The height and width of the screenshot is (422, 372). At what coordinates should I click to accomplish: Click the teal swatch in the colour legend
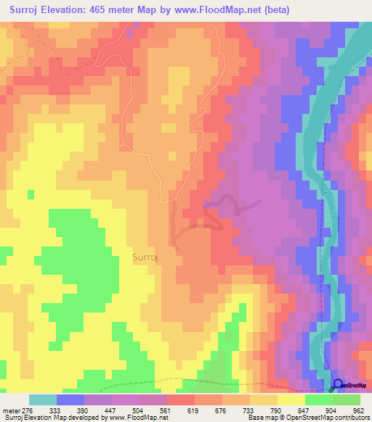pos(42,400)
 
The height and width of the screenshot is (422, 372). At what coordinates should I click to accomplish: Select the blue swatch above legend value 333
pos(70,400)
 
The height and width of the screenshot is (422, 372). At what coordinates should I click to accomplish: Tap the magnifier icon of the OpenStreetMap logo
pos(338,384)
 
